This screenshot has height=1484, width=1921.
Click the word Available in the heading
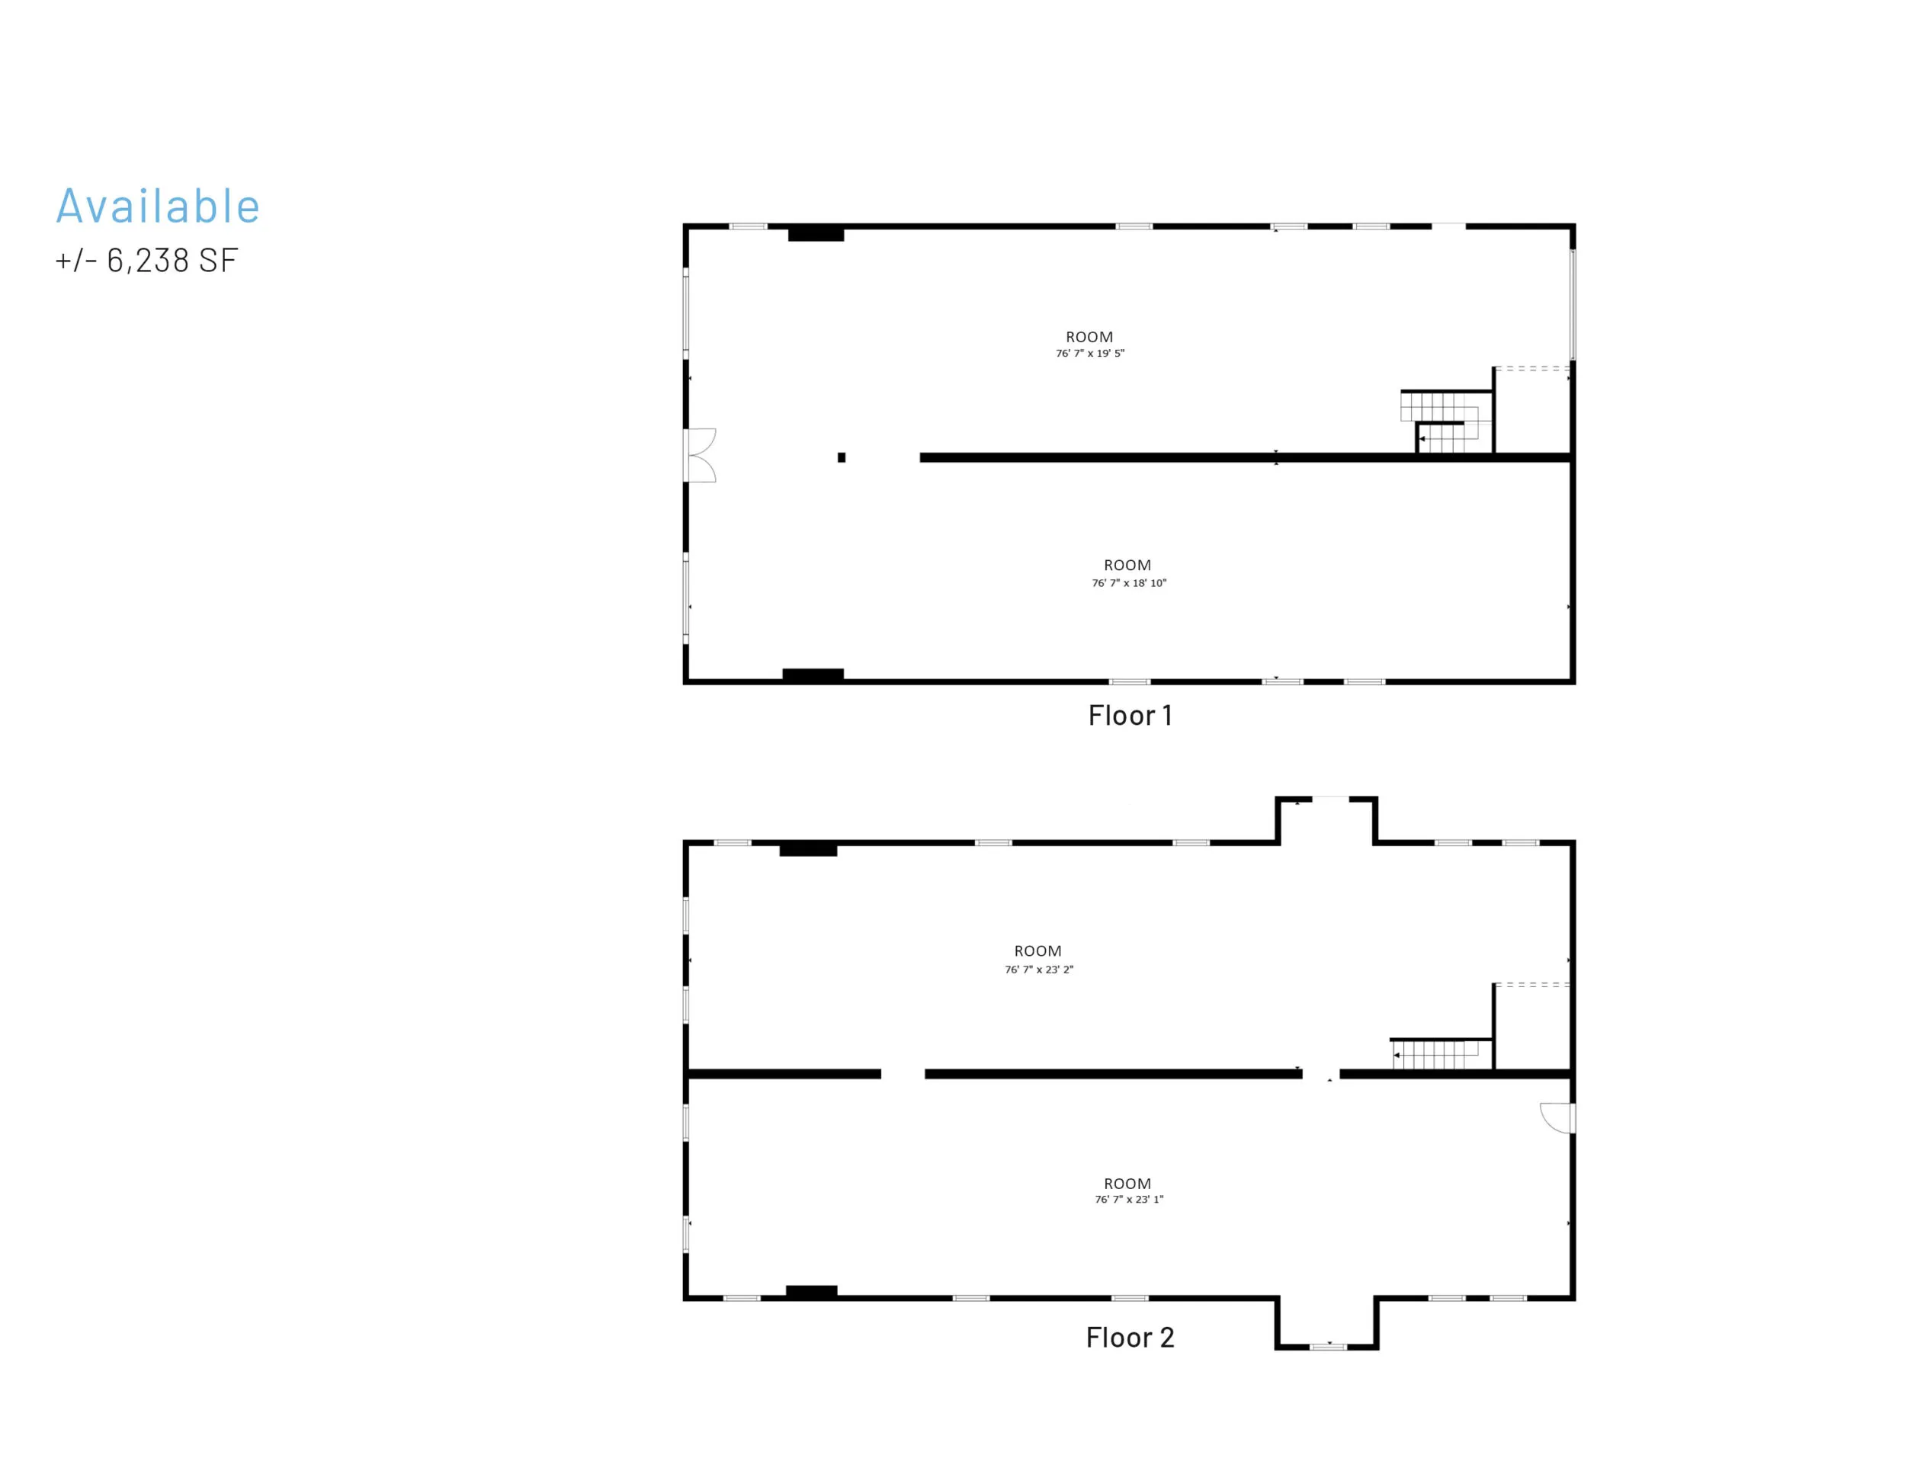(159, 206)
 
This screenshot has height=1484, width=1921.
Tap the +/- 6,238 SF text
(147, 261)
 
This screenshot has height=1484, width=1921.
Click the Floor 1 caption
(1130, 715)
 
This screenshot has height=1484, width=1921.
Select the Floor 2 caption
(1130, 1337)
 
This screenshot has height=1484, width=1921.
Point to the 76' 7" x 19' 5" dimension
(1090, 354)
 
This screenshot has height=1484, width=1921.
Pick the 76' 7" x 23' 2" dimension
(1039, 970)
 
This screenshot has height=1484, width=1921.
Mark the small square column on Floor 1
(842, 457)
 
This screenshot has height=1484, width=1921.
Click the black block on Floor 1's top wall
(816, 234)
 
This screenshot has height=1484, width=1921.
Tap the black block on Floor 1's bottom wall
(813, 675)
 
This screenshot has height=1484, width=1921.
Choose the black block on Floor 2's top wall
(808, 849)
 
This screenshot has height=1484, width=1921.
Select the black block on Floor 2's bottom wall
(811, 1291)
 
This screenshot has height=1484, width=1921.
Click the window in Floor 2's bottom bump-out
(1327, 1347)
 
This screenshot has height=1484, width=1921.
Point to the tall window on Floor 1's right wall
(1573, 303)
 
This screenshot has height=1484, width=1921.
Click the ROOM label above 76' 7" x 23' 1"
(1127, 1184)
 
